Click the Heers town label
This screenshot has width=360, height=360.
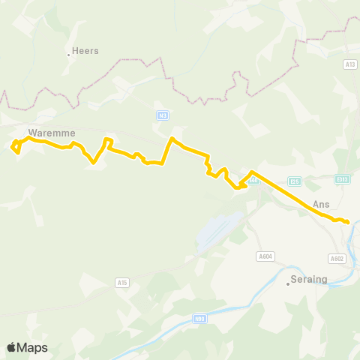pos(85,51)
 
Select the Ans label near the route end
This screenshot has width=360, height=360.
pos(321,203)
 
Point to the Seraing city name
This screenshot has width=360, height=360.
pos(310,279)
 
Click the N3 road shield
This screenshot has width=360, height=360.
pos(162,115)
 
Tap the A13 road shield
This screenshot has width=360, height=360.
pos(349,64)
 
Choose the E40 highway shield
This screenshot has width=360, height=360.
pos(253,180)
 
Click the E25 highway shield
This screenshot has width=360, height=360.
pos(295,181)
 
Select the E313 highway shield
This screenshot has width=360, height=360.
pos(342,178)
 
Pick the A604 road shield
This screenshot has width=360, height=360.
pos(265,256)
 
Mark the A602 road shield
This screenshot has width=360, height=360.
pos(337,258)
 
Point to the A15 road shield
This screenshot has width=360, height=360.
pos(122,282)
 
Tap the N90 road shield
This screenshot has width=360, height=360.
pos(199,319)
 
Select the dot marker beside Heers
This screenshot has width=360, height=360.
pos(68,54)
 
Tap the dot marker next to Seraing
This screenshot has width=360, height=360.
pos(288,283)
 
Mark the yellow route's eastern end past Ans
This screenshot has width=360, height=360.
pos(348,222)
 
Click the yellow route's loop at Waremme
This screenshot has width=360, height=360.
pos(16,147)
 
